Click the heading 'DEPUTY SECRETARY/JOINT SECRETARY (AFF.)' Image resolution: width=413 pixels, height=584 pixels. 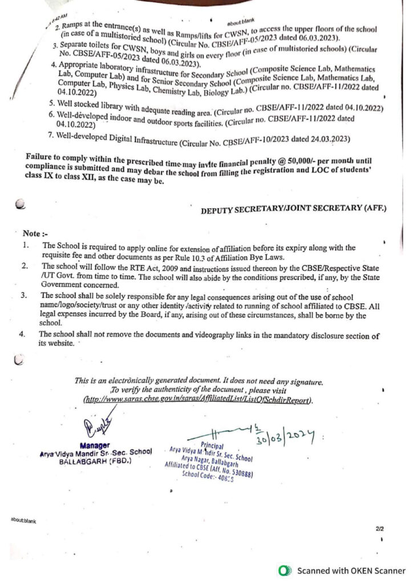[293, 209]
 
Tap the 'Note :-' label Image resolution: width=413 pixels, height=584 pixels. [32, 234]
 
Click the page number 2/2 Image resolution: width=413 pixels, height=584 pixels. [379, 529]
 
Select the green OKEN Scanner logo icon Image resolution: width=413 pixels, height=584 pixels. [282, 570]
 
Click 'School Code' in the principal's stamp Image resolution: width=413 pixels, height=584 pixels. [197, 474]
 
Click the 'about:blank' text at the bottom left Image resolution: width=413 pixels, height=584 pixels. [23, 520]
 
